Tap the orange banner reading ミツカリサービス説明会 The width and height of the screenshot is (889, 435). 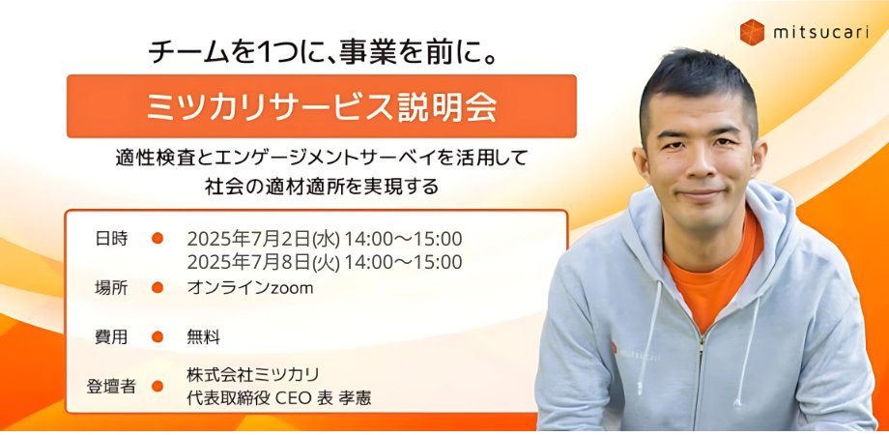(x=322, y=106)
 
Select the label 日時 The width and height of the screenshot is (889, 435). (x=111, y=238)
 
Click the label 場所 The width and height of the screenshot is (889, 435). (x=111, y=287)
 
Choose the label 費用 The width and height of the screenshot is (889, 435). (x=111, y=337)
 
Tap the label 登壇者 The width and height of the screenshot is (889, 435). (x=111, y=386)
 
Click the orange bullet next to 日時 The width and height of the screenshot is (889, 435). (x=158, y=238)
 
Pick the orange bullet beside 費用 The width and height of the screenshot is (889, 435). (x=158, y=337)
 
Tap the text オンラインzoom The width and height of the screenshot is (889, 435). (x=250, y=287)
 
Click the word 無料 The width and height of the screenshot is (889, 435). (x=204, y=337)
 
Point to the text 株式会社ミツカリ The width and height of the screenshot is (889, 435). (x=253, y=374)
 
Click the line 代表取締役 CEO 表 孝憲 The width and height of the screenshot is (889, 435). (x=279, y=397)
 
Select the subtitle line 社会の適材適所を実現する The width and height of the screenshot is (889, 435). (x=322, y=187)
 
